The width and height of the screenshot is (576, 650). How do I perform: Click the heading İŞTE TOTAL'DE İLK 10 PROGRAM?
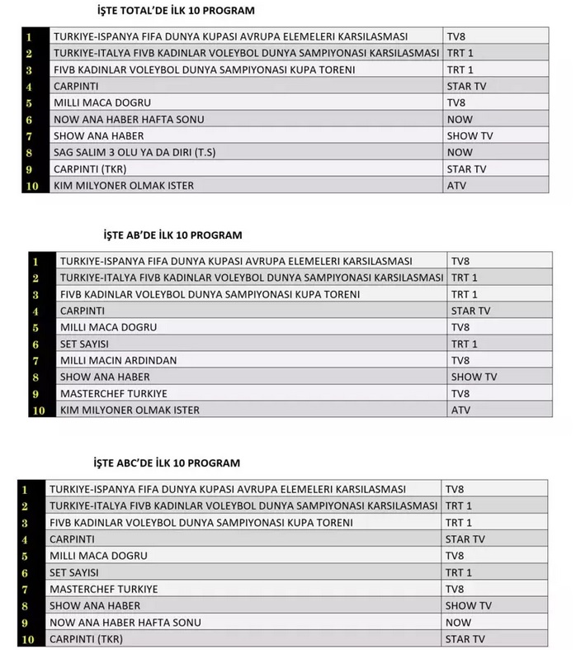[175, 11]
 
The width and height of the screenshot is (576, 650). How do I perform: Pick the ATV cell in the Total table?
[456, 186]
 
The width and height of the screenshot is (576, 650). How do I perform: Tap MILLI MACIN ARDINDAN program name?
[119, 360]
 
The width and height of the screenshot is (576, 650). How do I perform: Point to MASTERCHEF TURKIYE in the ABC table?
[104, 589]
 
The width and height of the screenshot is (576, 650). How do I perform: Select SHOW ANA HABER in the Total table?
[98, 135]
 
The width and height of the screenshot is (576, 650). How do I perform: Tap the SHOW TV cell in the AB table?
[474, 377]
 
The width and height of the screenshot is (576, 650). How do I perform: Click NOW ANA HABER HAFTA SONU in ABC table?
[126, 622]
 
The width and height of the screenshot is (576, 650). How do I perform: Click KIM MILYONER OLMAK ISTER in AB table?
[130, 410]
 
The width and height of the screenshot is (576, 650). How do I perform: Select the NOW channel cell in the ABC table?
[458, 622]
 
